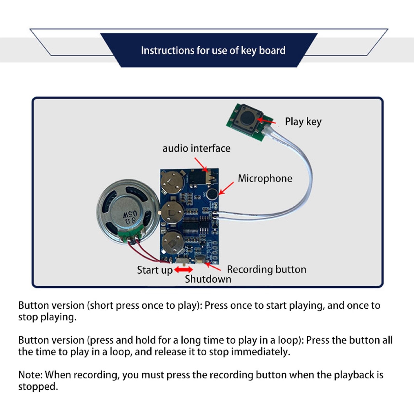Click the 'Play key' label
303,121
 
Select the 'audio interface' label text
196,148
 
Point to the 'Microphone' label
265,178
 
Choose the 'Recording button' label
266,269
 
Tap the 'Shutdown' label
208,279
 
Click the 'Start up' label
154,270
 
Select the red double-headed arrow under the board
183,270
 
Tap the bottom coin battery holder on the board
172,242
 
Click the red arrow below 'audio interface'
201,165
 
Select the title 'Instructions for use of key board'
213,50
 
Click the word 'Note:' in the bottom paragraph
31,375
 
